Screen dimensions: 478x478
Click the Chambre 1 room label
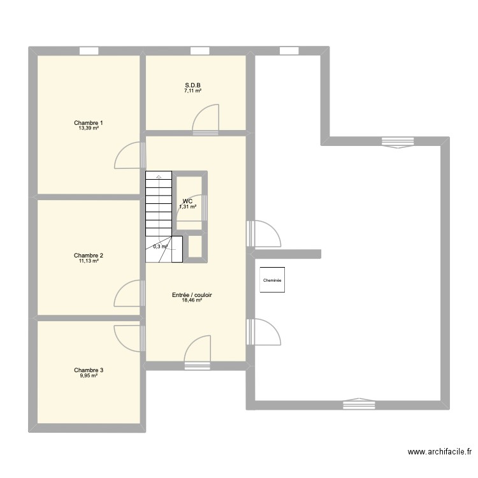[x=89, y=122]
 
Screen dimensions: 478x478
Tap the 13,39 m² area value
[x=89, y=128]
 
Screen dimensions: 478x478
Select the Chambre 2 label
[x=89, y=255]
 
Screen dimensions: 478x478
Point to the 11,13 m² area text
[x=89, y=261]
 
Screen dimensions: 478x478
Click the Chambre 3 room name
[x=89, y=370]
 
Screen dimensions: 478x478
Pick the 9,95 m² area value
[x=89, y=375]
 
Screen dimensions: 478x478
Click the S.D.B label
[x=194, y=85]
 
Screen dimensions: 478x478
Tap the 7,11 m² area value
[x=194, y=91]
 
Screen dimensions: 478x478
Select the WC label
[x=187, y=201]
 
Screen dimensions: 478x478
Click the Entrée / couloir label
[x=192, y=295]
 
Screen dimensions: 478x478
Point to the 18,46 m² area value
[x=192, y=301]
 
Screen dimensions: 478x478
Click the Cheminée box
[x=272, y=280]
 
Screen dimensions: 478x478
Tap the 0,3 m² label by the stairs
[x=160, y=247]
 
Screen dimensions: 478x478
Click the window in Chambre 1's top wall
[x=89, y=50]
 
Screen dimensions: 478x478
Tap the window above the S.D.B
[x=199, y=50]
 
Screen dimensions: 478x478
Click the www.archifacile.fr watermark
[x=440, y=452]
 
